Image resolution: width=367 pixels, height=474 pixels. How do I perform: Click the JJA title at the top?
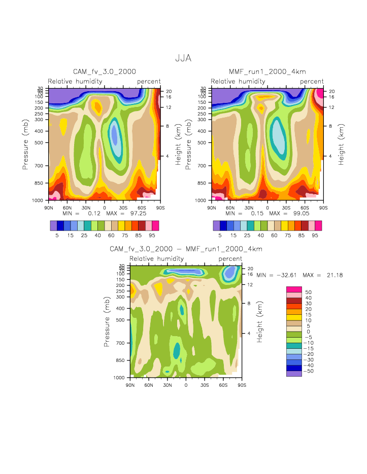point(183,58)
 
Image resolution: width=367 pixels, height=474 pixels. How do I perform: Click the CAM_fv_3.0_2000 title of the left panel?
point(105,72)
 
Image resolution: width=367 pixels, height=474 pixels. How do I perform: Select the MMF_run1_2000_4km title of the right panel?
point(267,72)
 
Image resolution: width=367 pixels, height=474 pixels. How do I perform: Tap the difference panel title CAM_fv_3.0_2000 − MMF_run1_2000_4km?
point(186,249)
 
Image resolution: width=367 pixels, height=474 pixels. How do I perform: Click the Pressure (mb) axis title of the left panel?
point(25,144)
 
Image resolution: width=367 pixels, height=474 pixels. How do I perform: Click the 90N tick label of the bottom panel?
point(130,385)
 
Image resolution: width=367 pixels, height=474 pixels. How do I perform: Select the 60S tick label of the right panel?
point(305,208)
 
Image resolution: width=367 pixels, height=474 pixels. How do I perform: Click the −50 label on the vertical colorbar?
point(309,371)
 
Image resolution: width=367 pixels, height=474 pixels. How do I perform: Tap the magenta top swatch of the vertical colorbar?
point(294,289)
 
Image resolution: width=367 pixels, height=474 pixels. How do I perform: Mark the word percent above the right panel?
point(312,81)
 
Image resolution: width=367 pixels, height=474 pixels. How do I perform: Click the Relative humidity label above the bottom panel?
point(156,259)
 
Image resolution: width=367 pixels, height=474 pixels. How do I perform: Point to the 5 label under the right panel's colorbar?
point(220,236)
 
